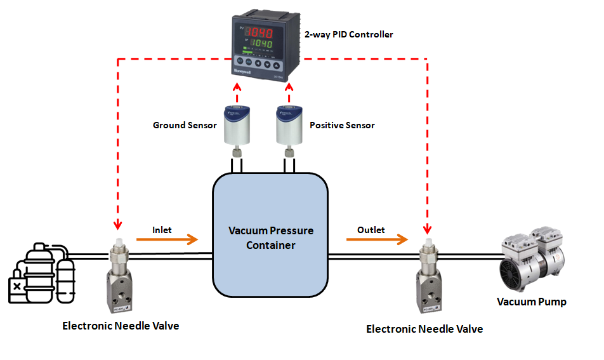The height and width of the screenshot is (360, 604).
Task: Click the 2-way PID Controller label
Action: point(349,34)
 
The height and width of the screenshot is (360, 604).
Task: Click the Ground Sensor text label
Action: point(185,125)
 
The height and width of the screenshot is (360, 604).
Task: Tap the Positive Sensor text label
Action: point(342,125)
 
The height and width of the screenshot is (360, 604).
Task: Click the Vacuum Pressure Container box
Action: point(270,236)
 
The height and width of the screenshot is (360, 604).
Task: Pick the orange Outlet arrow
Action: point(377,240)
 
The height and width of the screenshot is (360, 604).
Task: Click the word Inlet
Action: point(162,229)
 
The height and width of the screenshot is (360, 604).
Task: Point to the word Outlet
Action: point(371,229)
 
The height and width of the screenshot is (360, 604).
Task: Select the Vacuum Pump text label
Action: point(531,302)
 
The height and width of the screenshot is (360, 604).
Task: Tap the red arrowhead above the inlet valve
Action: point(117,225)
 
